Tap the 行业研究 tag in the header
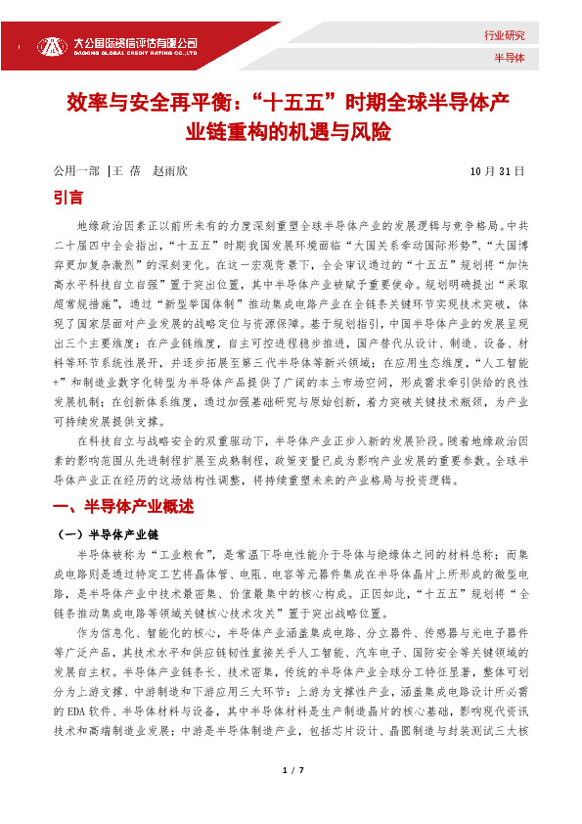(505, 35)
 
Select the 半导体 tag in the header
(510, 58)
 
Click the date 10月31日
(498, 171)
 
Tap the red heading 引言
(68, 198)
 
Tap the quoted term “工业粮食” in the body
(167, 555)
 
